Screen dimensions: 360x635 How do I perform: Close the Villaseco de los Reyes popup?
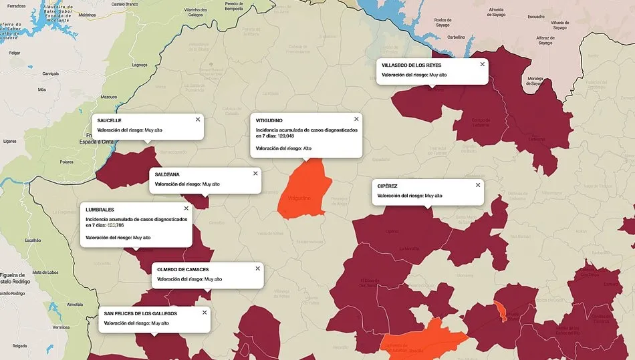(x=482, y=64)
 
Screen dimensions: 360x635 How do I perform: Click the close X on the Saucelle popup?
(x=198, y=120)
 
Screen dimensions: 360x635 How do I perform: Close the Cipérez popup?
(x=477, y=185)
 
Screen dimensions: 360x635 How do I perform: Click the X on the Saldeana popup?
(x=255, y=173)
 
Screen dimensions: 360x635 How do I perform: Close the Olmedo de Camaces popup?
(x=257, y=268)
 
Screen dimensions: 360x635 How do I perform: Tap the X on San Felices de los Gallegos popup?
(x=205, y=313)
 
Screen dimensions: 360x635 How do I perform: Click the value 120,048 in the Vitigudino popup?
(x=286, y=136)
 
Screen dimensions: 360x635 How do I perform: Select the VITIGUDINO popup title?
(x=269, y=120)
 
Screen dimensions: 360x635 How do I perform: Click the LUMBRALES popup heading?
(x=100, y=210)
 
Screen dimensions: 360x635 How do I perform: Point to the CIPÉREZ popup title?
(x=388, y=186)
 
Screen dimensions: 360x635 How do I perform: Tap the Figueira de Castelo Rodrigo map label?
(x=13, y=278)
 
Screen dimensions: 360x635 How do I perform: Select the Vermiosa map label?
(x=61, y=327)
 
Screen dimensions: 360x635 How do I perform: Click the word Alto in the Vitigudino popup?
(x=307, y=148)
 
